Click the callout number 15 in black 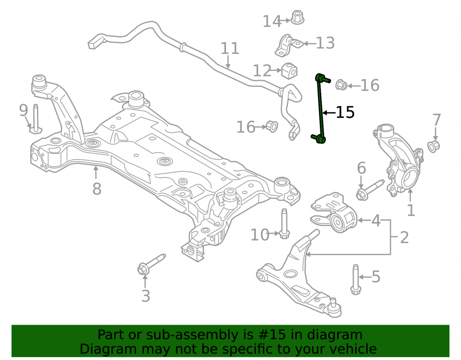345,112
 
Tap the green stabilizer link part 321,109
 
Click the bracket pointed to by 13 289,45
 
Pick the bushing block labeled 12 290,71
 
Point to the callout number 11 230,48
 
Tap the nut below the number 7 433,147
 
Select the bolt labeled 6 370,189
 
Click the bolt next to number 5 355,279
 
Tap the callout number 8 97,189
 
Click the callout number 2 404,237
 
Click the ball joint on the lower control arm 334,308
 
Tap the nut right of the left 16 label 272,126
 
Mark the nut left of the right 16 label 341,85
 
